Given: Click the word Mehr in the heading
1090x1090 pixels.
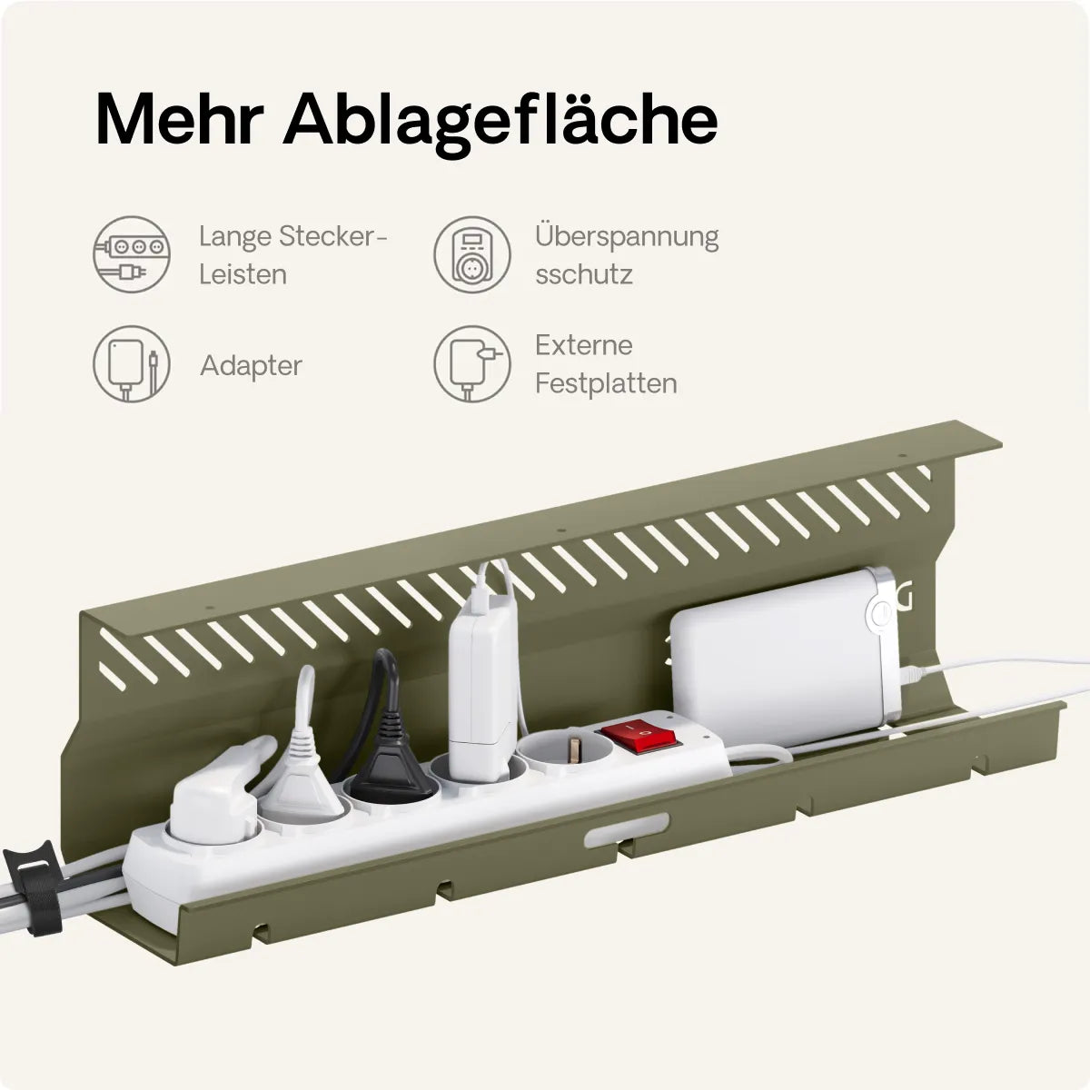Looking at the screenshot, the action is click(180, 120).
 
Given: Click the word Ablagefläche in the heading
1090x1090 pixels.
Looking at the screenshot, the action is click(501, 123).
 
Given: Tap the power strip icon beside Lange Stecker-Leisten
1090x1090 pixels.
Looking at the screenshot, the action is click(131, 254).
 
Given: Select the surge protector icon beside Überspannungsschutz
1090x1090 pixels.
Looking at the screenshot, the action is click(472, 254).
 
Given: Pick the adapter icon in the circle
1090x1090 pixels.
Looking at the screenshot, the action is click(131, 363).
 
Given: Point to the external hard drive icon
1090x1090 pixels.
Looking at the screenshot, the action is click(472, 363).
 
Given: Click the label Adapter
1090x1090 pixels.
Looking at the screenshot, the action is click(251, 366).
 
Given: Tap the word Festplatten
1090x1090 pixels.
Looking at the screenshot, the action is click(606, 383).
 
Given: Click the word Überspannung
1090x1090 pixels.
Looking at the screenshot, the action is click(627, 236).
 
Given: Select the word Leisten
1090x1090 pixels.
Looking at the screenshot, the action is click(243, 275).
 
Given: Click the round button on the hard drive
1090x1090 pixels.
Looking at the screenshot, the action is click(880, 613).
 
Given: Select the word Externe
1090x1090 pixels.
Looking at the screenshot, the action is click(584, 345).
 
